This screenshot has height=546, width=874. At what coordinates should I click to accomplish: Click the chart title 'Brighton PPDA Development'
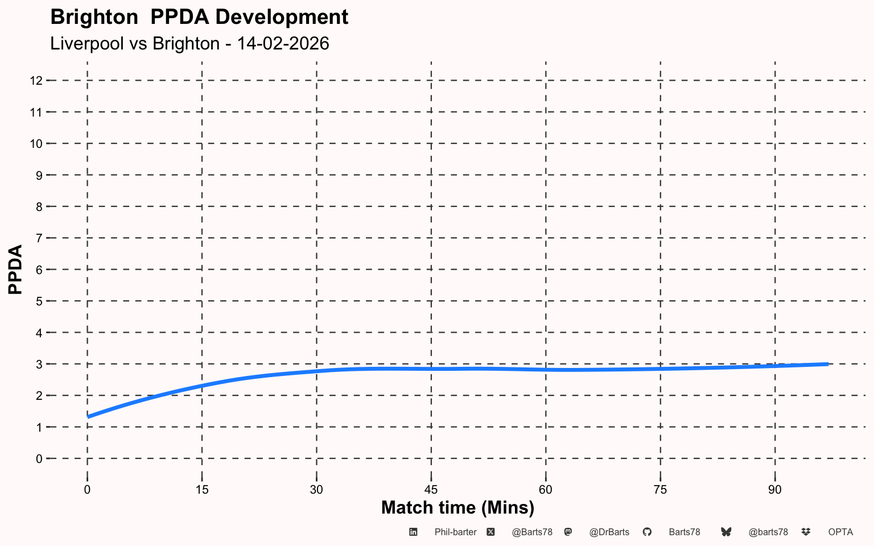(x=199, y=17)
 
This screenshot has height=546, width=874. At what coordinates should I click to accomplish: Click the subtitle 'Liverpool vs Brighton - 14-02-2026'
(x=189, y=44)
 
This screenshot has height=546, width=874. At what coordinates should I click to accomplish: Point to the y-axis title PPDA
(x=15, y=269)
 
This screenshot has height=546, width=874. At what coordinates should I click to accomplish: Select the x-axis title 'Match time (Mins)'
(x=457, y=507)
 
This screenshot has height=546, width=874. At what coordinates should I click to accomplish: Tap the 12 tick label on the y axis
(x=36, y=81)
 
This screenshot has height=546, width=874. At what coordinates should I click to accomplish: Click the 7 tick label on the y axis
(x=39, y=238)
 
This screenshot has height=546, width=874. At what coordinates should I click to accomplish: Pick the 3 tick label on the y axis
(x=39, y=364)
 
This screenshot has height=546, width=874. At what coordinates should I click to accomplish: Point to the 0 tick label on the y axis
(x=39, y=458)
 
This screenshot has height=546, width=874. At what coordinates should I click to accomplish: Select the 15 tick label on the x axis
(x=202, y=490)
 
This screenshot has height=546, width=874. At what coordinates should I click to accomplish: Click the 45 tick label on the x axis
(x=431, y=490)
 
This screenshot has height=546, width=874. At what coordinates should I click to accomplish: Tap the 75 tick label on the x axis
(x=660, y=490)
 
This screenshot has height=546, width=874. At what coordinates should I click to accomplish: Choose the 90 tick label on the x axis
(x=775, y=490)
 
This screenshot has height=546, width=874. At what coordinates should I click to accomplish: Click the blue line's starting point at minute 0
(x=88, y=416)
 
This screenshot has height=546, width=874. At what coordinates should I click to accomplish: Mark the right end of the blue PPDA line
(x=827, y=364)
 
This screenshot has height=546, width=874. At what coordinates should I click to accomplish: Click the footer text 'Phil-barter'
(x=455, y=532)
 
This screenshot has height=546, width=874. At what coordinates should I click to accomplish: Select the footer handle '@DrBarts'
(x=609, y=532)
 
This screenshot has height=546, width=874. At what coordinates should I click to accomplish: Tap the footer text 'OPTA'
(x=840, y=532)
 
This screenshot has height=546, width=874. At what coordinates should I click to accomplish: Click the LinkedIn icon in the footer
(x=414, y=532)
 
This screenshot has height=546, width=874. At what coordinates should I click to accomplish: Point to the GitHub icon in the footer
(x=647, y=532)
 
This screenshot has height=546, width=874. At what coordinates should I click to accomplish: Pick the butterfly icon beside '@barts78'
(x=726, y=532)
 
